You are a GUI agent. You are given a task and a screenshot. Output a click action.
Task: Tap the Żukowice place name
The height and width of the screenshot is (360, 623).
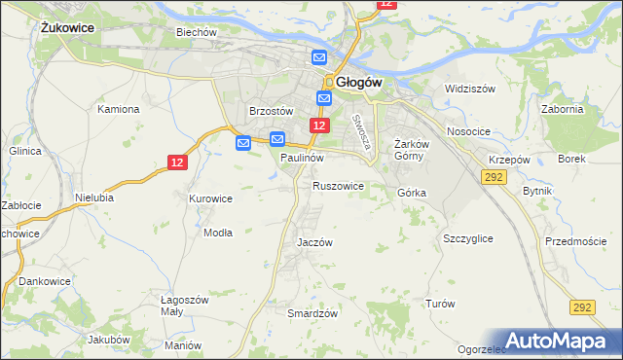point(67,28)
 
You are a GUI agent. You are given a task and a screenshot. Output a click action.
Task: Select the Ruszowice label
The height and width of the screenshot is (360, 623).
point(338,185)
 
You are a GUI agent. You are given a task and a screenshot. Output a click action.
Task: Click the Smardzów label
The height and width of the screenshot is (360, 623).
point(312,313)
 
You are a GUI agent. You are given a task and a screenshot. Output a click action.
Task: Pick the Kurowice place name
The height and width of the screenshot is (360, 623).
point(210,198)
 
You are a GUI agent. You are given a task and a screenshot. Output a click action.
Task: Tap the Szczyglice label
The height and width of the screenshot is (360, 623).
point(467,238)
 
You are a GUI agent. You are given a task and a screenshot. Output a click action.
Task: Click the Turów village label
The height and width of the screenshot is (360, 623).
point(440,304)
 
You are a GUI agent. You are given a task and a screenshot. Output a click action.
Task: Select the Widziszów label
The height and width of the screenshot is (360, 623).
point(470,89)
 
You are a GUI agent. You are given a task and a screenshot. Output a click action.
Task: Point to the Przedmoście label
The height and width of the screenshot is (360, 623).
point(575,241)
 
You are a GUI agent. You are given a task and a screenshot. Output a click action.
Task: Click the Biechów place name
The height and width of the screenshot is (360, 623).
point(196,32)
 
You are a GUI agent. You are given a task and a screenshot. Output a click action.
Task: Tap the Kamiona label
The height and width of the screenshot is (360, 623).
point(119,109)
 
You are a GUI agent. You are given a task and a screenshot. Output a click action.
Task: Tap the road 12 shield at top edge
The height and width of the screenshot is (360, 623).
point(386,4)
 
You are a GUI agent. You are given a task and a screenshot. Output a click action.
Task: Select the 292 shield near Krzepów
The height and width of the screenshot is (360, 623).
point(492,176)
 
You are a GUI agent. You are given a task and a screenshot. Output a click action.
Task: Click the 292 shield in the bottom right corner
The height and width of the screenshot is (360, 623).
point(582,306)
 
